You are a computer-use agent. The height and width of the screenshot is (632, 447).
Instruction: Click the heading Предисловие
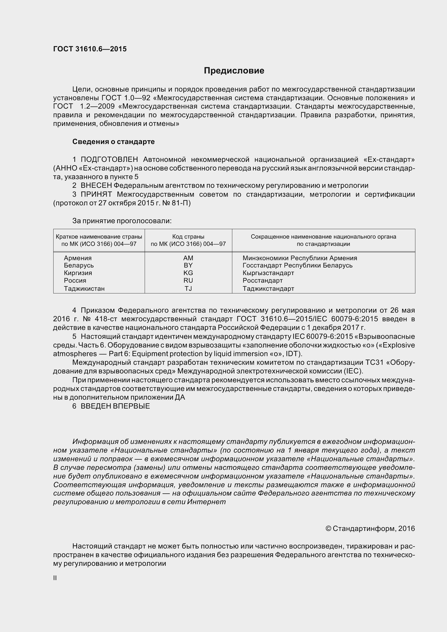234,71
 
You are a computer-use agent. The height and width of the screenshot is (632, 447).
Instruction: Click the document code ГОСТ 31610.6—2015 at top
90,49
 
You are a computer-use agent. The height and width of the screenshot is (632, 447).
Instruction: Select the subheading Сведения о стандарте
113,142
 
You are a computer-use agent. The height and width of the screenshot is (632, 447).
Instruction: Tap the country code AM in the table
188,258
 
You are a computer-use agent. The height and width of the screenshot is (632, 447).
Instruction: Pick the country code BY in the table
188,265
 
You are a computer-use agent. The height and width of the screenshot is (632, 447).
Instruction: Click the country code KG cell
188,273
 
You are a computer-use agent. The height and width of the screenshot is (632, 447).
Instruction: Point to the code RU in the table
188,280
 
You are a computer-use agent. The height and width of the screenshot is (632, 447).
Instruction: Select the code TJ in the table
188,289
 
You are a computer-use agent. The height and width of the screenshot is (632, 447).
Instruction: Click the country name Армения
78,258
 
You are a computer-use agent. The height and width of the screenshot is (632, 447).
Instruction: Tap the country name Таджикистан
84,289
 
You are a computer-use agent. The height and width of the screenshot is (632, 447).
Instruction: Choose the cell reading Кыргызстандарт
268,273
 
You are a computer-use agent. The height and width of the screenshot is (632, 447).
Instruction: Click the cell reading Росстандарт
263,280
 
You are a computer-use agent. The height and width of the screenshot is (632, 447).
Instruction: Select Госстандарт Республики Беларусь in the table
297,265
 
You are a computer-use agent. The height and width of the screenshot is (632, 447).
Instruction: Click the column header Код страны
188,237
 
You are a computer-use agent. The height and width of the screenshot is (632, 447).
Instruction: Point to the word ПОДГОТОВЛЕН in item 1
109,159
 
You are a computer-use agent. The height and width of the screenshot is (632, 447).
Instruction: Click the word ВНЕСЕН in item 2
96,186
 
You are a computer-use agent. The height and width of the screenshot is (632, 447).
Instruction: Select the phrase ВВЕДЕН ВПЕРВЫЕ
115,406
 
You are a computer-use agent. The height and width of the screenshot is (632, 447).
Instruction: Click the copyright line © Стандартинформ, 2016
370,529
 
